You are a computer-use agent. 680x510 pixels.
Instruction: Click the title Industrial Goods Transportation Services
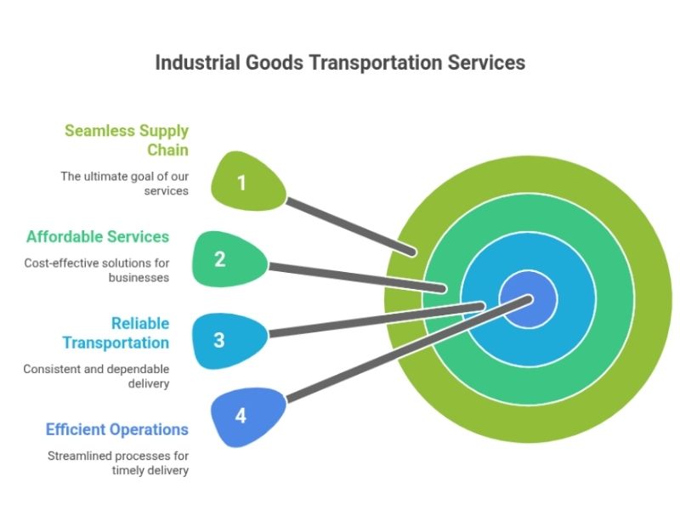click(340, 63)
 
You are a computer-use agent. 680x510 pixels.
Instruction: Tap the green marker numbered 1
click(241, 182)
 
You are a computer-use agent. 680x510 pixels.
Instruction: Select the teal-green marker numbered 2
click(221, 259)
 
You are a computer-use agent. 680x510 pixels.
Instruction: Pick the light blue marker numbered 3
click(220, 340)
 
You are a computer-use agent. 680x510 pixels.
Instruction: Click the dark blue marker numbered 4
click(241, 416)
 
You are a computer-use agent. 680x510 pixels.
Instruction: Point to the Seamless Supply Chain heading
click(127, 141)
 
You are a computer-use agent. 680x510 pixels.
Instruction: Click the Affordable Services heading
click(98, 236)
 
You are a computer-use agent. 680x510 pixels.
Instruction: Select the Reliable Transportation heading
click(116, 333)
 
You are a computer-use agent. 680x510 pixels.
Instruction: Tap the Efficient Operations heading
click(117, 429)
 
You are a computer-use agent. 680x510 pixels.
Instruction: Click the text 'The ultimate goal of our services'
click(124, 184)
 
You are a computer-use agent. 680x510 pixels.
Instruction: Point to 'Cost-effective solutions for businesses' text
click(97, 270)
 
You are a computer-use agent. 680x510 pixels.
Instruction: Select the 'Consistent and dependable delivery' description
click(96, 377)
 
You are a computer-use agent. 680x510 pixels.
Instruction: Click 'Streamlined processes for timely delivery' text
click(118, 463)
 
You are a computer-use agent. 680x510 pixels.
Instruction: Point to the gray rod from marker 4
click(382, 357)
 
